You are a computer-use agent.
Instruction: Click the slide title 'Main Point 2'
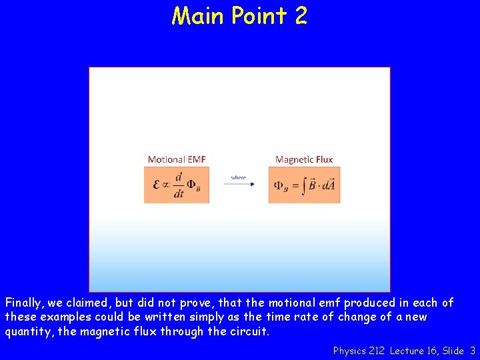[239, 15]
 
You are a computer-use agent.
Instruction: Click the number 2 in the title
[299, 15]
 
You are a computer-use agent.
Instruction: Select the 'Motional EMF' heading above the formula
[176, 159]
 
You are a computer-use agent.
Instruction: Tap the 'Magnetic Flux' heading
[304, 159]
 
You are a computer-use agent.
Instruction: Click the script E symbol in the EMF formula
[156, 185]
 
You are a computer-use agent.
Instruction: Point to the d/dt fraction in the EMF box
[179, 185]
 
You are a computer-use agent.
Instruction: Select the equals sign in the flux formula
[295, 185]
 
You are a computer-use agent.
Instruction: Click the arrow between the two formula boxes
[238, 185]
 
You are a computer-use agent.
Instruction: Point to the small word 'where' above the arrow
[238, 177]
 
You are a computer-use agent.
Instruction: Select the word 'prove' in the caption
[209, 303]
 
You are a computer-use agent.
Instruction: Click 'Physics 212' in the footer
[359, 350]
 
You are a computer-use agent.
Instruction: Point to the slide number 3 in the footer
[472, 350]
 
